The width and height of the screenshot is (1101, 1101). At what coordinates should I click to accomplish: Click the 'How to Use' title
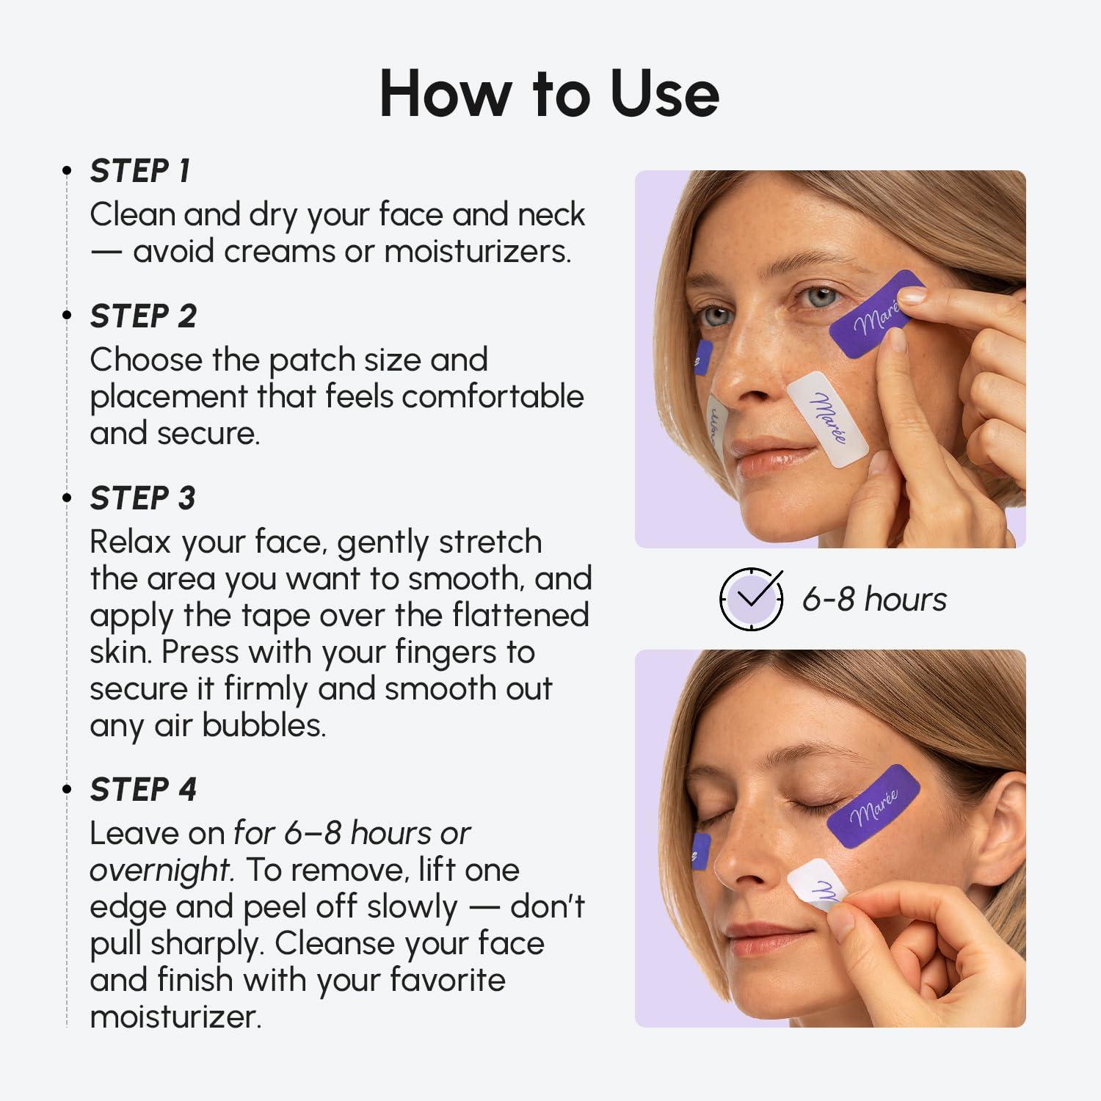[549, 93]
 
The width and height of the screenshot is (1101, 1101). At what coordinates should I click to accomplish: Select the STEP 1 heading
[139, 171]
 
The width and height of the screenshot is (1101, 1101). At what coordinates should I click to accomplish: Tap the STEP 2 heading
[143, 316]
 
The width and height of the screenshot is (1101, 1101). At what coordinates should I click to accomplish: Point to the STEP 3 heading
[142, 498]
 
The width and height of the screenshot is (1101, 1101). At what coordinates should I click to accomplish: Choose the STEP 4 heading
[143, 790]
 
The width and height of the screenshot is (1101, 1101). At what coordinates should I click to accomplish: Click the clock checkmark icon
[751, 599]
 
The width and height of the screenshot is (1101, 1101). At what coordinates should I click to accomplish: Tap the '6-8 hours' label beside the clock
[873, 599]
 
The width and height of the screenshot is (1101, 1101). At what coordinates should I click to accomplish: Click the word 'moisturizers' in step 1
[477, 252]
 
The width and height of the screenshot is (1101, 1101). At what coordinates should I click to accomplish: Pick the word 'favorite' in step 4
[447, 980]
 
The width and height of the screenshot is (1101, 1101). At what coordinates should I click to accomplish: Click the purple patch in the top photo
[875, 315]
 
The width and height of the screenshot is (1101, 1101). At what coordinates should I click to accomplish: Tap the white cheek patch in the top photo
[827, 418]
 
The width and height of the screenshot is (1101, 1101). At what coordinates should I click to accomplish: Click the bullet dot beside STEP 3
[67, 498]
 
